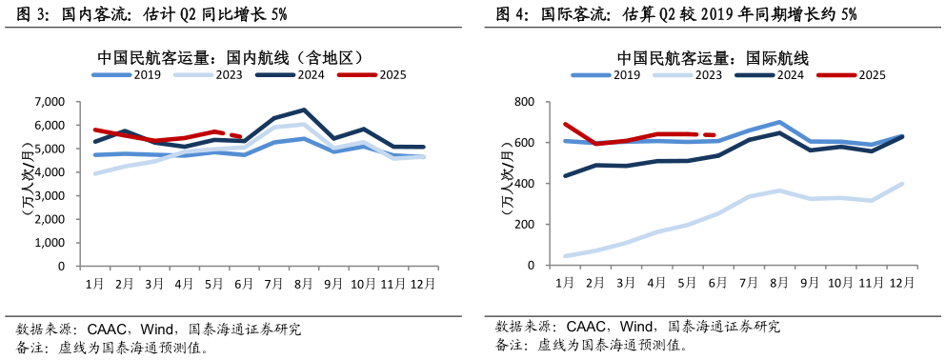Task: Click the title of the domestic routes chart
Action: [231, 57]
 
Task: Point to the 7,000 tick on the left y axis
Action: [49, 102]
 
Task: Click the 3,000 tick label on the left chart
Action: [49, 196]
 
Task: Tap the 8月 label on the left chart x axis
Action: [303, 283]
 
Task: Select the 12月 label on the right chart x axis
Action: [901, 283]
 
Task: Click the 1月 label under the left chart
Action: [94, 283]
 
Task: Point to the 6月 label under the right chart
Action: [716, 283]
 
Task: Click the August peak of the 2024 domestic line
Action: [303, 110]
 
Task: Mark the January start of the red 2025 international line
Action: [565, 124]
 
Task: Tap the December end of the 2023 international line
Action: [901, 184]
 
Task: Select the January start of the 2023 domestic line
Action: [94, 173]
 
